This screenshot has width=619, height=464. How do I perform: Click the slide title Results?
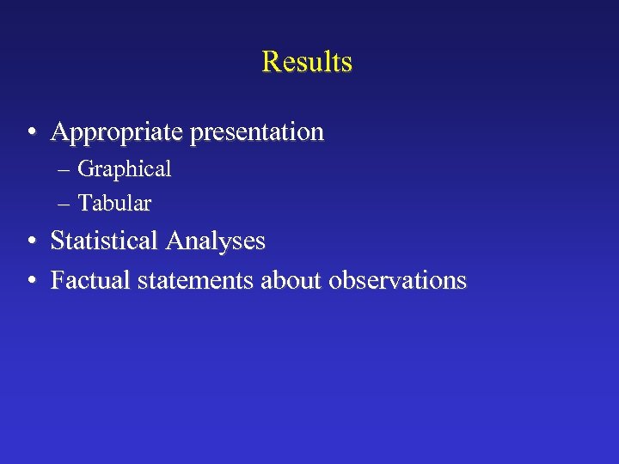tap(307, 62)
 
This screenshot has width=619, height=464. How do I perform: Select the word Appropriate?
tap(118, 132)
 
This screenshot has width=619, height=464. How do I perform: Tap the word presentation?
tap(257, 132)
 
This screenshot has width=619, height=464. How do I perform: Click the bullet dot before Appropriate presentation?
tap(31, 133)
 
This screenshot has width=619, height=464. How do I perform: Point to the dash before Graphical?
tap(66, 170)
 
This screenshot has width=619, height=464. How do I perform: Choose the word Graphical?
tap(125, 170)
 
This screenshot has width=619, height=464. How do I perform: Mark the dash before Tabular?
tap(66, 205)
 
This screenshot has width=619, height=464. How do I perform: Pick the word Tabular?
tap(114, 204)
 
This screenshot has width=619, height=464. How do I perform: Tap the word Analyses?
tap(217, 241)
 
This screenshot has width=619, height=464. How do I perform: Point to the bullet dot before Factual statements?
tap(31, 281)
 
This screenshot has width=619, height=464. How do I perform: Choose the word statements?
tap(189, 280)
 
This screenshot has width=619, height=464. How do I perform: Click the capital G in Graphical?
tap(85, 169)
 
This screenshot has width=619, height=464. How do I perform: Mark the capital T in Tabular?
tap(83, 204)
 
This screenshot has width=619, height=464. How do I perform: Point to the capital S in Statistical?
tap(57, 241)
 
